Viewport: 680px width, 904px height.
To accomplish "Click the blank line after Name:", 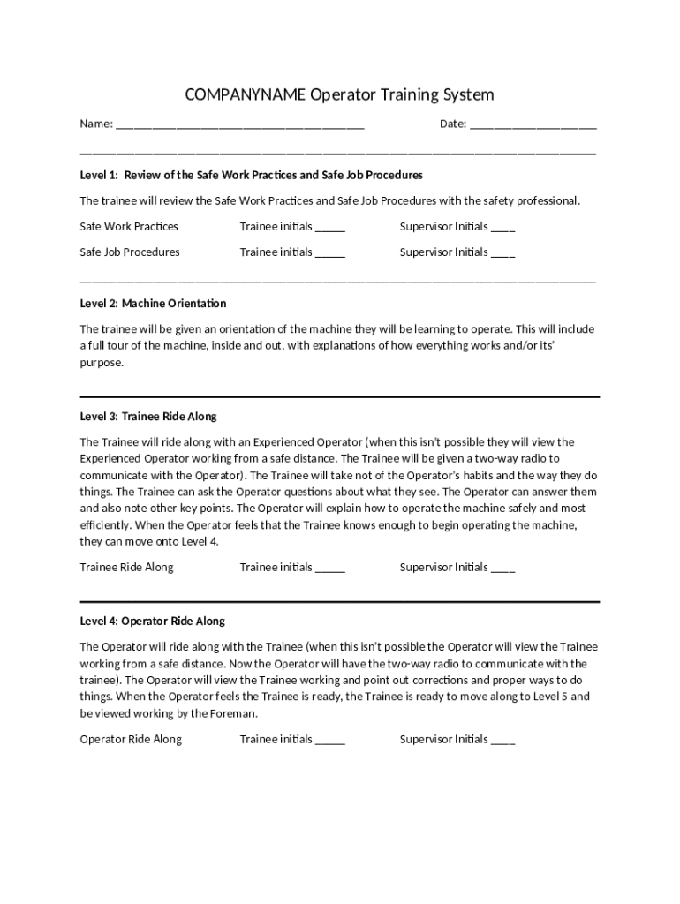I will click(x=240, y=125).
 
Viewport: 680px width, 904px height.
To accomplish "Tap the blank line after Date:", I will click(x=533, y=125).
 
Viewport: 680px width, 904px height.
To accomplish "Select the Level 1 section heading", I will click(x=251, y=175).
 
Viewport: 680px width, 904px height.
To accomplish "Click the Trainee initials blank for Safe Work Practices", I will click(x=330, y=229).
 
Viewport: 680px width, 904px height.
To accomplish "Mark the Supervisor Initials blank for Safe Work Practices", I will click(x=503, y=229).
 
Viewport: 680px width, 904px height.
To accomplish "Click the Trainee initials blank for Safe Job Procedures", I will click(x=330, y=254).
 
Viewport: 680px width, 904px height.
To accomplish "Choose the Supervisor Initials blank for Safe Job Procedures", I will click(x=503, y=254).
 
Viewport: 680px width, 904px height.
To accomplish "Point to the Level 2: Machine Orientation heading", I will click(x=153, y=303).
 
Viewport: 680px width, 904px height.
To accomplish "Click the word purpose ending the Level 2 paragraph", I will click(x=101, y=362).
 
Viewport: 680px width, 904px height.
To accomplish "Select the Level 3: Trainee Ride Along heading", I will click(x=147, y=416).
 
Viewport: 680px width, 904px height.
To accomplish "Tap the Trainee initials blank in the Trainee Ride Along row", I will click(x=330, y=569).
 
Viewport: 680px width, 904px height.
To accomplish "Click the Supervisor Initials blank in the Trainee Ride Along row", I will click(x=503, y=569).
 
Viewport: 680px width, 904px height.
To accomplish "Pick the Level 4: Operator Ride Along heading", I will click(x=152, y=621).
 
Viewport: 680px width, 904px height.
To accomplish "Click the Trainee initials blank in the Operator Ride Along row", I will click(x=330, y=742).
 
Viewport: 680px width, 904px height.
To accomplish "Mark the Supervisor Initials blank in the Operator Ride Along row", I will click(x=503, y=742).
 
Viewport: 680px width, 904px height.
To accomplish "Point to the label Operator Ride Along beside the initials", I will click(x=131, y=739).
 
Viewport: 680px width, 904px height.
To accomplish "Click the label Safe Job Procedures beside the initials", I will click(x=130, y=252).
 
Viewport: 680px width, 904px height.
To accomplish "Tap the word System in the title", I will click(x=468, y=94).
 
